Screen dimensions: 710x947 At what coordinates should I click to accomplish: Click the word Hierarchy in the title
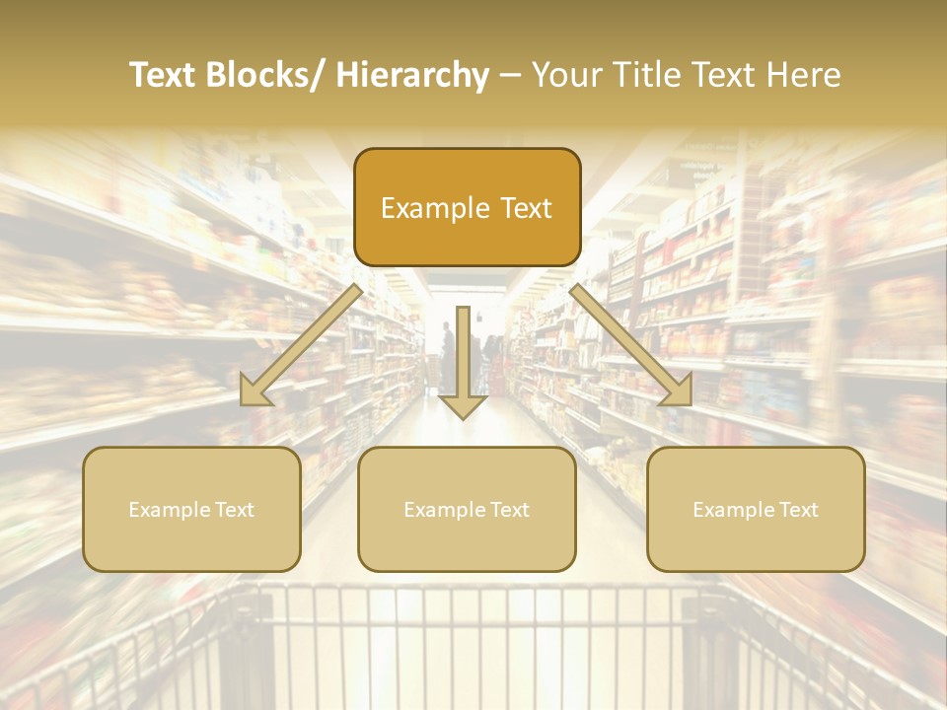point(412,75)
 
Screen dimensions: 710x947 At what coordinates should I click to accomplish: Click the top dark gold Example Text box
point(467,207)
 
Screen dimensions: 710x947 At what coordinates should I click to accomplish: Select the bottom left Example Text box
point(191,509)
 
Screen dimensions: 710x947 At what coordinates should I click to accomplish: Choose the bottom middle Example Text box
point(467,509)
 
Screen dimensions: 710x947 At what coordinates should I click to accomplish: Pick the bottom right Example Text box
point(756,509)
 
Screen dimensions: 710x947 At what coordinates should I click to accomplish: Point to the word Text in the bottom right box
point(797,510)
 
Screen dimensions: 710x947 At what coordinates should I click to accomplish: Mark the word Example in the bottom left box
point(169,510)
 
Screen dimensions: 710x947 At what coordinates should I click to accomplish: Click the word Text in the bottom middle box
point(508,510)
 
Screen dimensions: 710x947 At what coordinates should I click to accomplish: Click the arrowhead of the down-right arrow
point(677,391)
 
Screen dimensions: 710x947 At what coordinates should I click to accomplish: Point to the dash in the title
point(510,76)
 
